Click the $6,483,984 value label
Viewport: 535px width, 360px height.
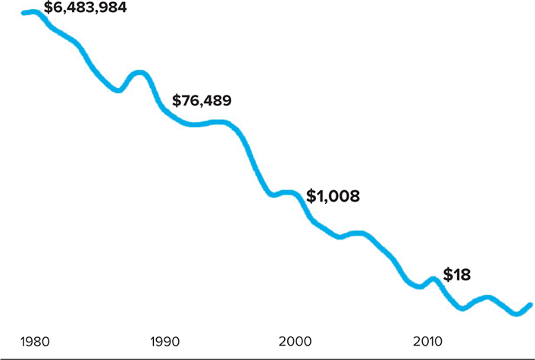click(x=86, y=9)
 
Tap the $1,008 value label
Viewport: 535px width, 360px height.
click(x=333, y=196)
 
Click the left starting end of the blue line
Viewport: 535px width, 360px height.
click(x=24, y=13)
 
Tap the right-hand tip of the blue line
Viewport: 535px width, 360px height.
click(x=530, y=305)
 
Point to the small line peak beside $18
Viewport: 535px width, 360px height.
click(x=433, y=279)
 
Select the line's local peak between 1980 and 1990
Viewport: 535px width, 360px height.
click(x=139, y=73)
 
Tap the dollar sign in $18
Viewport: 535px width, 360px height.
click(x=447, y=275)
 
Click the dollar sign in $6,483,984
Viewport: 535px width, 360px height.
click(x=48, y=9)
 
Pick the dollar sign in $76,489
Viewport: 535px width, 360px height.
click(x=177, y=100)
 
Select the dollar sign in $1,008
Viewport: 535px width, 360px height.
click(x=311, y=196)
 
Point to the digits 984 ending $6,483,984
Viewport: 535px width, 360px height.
click(x=114, y=9)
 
